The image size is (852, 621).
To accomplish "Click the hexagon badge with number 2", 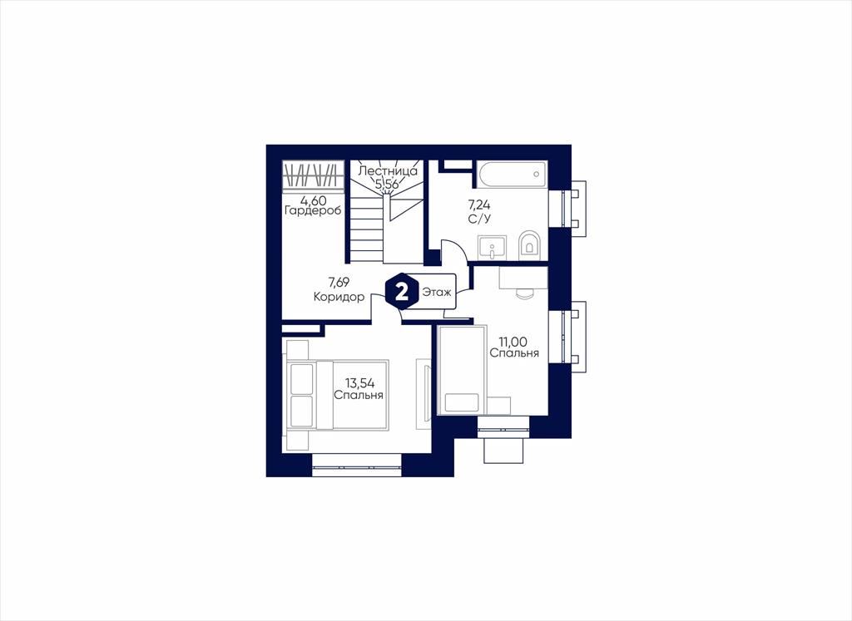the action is pyautogui.click(x=402, y=292).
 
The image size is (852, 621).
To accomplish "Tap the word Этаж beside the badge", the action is pyautogui.click(x=437, y=293).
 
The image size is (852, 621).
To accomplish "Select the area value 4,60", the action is pyautogui.click(x=313, y=201).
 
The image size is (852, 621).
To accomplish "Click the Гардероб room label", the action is pyautogui.click(x=313, y=211).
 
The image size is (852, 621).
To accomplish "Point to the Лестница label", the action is pyautogui.click(x=388, y=171).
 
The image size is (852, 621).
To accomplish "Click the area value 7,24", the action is pyautogui.click(x=479, y=205).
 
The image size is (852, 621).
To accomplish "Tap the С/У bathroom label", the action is pyautogui.click(x=478, y=219).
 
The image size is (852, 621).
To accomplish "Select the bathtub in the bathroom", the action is pyautogui.click(x=513, y=175).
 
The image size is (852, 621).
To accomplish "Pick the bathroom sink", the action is pyautogui.click(x=493, y=248).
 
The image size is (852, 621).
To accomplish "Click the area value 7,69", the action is pyautogui.click(x=339, y=282).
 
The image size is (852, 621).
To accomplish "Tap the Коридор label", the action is pyautogui.click(x=339, y=297).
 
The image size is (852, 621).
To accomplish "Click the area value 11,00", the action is pyautogui.click(x=514, y=342).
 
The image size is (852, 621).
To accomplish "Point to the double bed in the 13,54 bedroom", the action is pyautogui.click(x=337, y=395).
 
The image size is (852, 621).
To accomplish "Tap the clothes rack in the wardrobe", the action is pyautogui.click(x=314, y=175).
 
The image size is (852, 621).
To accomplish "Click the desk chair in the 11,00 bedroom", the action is pyautogui.click(x=525, y=293).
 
